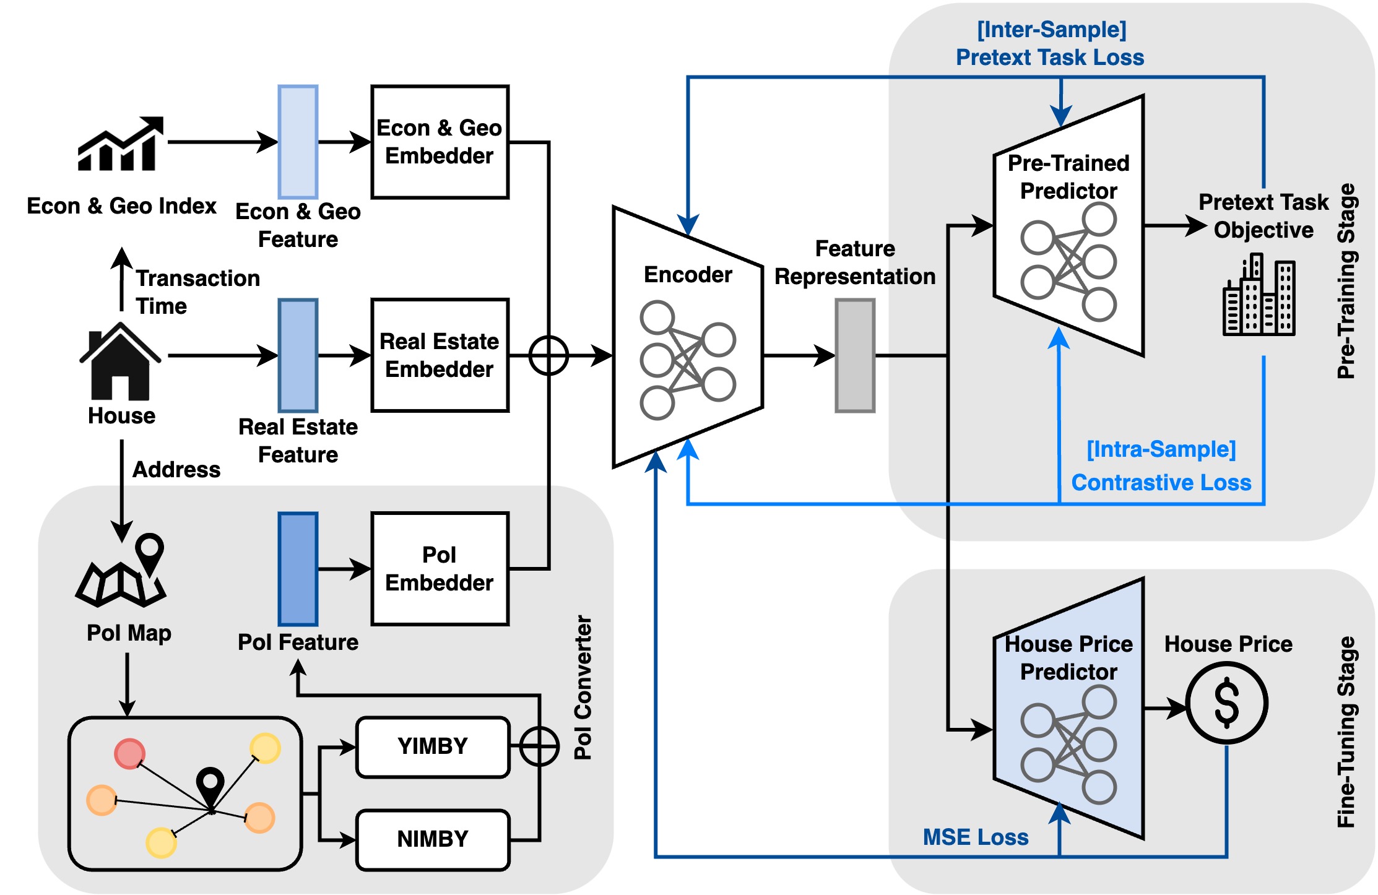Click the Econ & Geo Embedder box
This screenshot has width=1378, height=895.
[x=440, y=142]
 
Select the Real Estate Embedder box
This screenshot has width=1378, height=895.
[x=440, y=355]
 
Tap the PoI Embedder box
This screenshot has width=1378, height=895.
[x=440, y=568]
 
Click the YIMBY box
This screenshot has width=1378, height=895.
[x=433, y=746]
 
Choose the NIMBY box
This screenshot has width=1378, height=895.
[x=433, y=839]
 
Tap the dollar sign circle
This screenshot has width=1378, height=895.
[x=1226, y=703]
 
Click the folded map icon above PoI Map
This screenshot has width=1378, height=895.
[x=121, y=573]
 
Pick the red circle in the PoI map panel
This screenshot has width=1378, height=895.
[x=129, y=754]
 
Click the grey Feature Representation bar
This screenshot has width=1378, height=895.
[x=855, y=355]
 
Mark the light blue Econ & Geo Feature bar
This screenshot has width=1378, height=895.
[x=298, y=142]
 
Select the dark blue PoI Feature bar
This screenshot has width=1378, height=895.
[x=298, y=568]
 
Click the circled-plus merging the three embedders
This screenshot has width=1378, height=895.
[x=548, y=355]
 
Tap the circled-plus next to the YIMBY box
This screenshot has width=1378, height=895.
[x=539, y=746]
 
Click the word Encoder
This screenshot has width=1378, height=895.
[x=688, y=274]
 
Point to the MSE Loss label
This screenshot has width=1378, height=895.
[x=975, y=837]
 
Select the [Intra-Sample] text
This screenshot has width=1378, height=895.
[x=1161, y=449]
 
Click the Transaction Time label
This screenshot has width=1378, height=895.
[x=197, y=292]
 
